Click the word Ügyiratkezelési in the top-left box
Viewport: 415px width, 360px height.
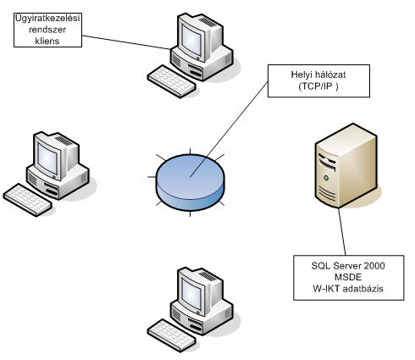pyautogui.click(x=47, y=18)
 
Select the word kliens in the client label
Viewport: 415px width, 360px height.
pyautogui.click(x=47, y=41)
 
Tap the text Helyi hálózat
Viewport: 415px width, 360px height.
pyautogui.click(x=318, y=75)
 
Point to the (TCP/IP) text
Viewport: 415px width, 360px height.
pyautogui.click(x=318, y=86)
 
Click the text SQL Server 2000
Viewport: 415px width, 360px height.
pyautogui.click(x=348, y=266)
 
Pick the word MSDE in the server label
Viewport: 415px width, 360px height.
pyautogui.click(x=348, y=277)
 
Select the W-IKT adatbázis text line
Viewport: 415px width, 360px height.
pyautogui.click(x=348, y=289)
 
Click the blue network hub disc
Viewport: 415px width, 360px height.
pyautogui.click(x=191, y=182)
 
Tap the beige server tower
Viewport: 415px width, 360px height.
pyautogui.click(x=346, y=166)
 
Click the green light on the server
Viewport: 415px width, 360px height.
pyautogui.click(x=326, y=178)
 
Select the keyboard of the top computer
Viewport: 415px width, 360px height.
pyautogui.click(x=172, y=81)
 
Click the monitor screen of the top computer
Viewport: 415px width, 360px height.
pyautogui.click(x=191, y=41)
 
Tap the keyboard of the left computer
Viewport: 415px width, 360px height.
pyautogui.click(x=28, y=200)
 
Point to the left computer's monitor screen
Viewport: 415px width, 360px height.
pyautogui.click(x=47, y=158)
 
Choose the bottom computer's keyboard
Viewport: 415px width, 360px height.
pyautogui.click(x=172, y=335)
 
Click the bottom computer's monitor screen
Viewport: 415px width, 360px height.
pyautogui.click(x=191, y=295)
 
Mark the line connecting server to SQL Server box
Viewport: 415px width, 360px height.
pyautogui.click(x=342, y=232)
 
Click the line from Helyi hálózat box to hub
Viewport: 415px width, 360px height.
pyautogui.click(x=229, y=130)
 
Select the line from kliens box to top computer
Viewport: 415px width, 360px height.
pyautogui.click(x=126, y=42)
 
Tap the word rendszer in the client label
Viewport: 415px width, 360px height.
pyautogui.click(x=47, y=30)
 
